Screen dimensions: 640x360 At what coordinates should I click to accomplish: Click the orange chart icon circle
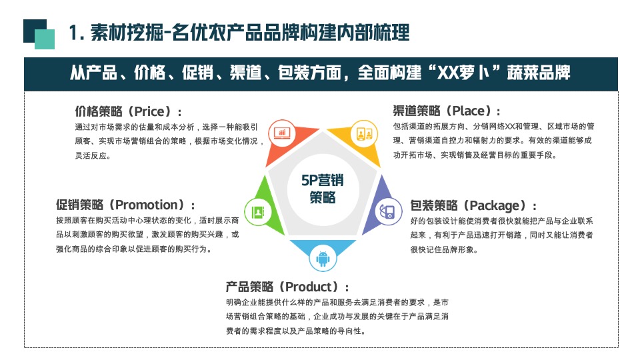tap(281, 133)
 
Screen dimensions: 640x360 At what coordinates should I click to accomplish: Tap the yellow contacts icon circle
tap(364, 133)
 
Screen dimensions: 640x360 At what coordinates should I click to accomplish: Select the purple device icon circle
tap(389, 211)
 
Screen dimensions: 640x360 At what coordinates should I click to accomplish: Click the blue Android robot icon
tap(323, 259)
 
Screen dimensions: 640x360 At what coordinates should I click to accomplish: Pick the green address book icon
tap(258, 212)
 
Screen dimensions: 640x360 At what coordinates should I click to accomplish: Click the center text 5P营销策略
tap(323, 189)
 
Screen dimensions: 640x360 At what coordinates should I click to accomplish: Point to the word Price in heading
tap(150, 111)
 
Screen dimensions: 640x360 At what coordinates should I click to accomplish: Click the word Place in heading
tap(469, 111)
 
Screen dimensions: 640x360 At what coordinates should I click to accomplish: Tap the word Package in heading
tap(495, 205)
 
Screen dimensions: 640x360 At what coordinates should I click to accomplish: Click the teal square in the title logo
tap(45, 39)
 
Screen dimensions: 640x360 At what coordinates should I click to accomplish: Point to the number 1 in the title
tap(73, 33)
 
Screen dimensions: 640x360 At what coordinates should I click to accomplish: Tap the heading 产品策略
tap(249, 287)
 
